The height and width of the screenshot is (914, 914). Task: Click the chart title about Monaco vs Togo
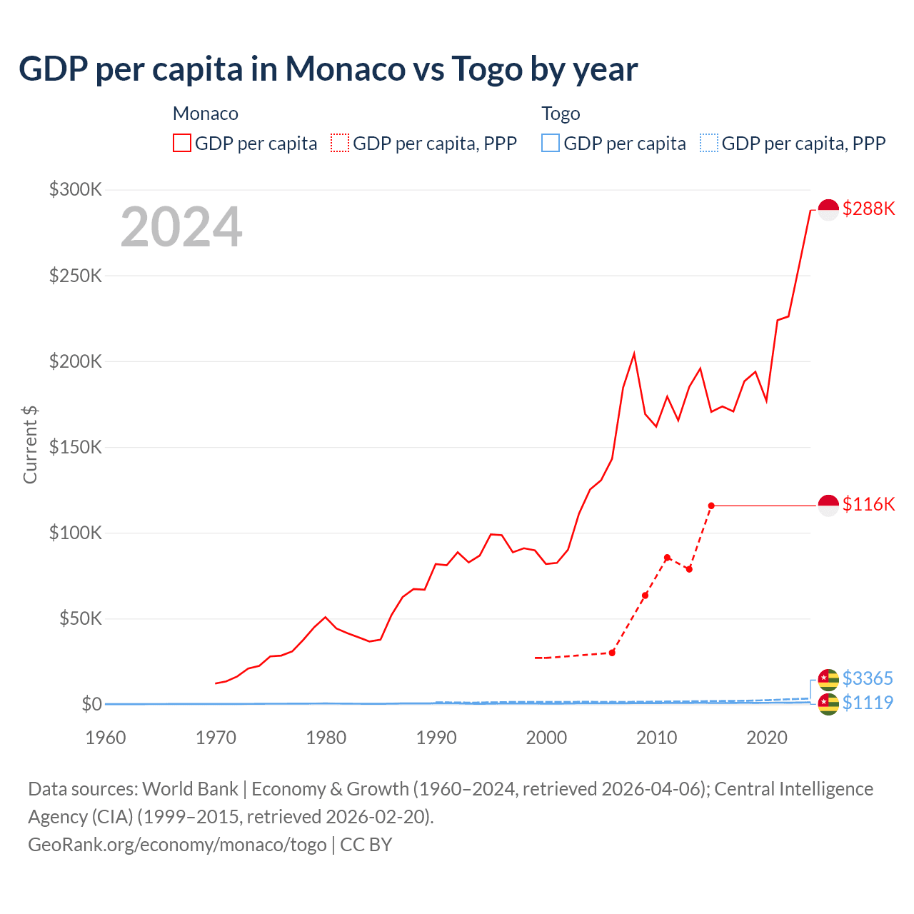coord(328,69)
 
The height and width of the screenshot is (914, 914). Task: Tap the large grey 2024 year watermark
coord(181,227)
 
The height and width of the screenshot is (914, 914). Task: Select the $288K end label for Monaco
coord(868,209)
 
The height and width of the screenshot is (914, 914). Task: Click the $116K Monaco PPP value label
coord(868,504)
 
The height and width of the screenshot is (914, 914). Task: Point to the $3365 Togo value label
coord(868,678)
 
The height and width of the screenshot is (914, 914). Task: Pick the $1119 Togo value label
coord(868,703)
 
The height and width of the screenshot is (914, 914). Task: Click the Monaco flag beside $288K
coord(828,210)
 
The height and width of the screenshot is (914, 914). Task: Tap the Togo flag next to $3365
coord(828,679)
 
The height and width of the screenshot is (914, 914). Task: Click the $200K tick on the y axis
coord(76,361)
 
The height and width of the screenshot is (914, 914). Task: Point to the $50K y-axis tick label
coord(81,618)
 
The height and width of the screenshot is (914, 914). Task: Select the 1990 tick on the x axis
coord(436,737)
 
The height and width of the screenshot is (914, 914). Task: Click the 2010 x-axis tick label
coord(657,737)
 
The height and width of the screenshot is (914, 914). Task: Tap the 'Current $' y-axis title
coord(30,444)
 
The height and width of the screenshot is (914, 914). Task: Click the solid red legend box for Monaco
coord(182,144)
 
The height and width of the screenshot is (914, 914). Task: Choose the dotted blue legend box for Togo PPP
coord(709,144)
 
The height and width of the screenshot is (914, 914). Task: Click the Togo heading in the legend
coord(561,114)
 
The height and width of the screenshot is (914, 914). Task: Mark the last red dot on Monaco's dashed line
coord(711,506)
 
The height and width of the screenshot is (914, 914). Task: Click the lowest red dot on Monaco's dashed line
coord(612,653)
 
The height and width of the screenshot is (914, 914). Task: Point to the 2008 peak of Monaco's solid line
coord(634,354)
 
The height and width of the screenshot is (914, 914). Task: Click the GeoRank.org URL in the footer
coord(177,844)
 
